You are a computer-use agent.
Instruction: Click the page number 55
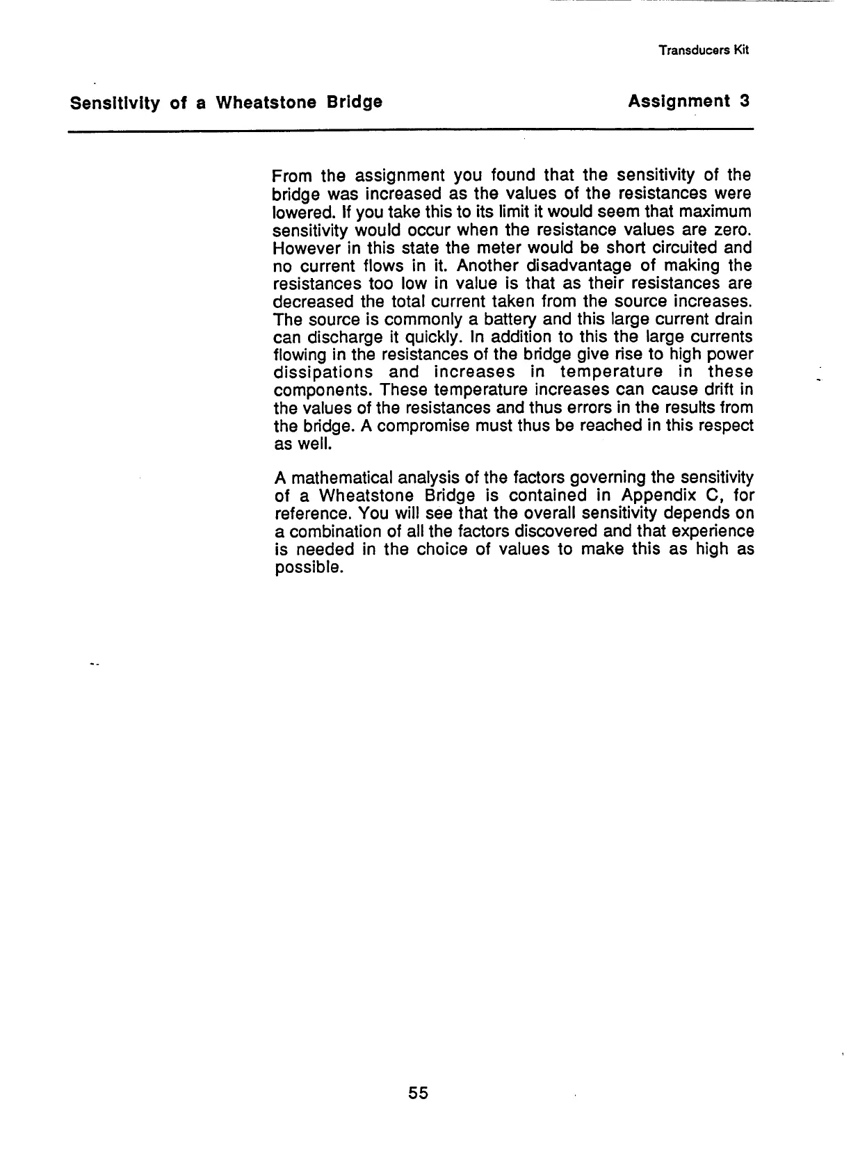tap(419, 1093)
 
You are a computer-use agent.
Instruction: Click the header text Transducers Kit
tap(704, 50)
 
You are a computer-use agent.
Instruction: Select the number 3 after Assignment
tap(745, 101)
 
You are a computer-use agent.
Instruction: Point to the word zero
tap(734, 229)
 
